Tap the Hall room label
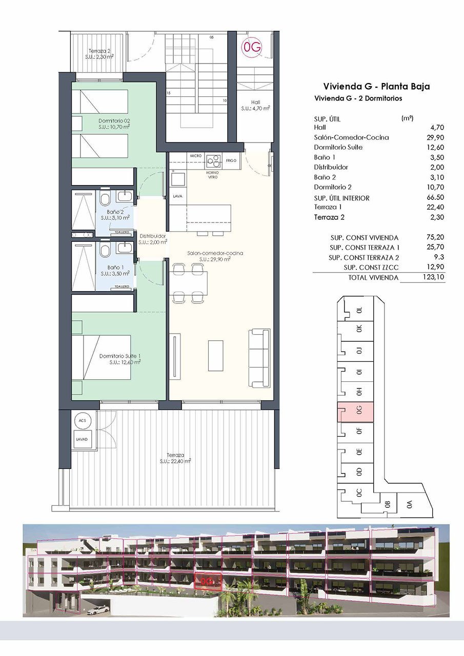click(255, 105)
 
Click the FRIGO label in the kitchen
click(231, 161)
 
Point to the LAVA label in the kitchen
click(177, 196)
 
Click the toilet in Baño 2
click(105, 199)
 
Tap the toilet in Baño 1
click(105, 251)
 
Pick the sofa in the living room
click(259, 358)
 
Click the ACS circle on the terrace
click(83, 420)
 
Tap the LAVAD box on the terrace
click(83, 440)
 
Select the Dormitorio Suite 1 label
click(120, 359)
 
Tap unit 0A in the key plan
click(409, 504)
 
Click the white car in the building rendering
click(98, 610)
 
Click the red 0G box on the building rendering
click(208, 581)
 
